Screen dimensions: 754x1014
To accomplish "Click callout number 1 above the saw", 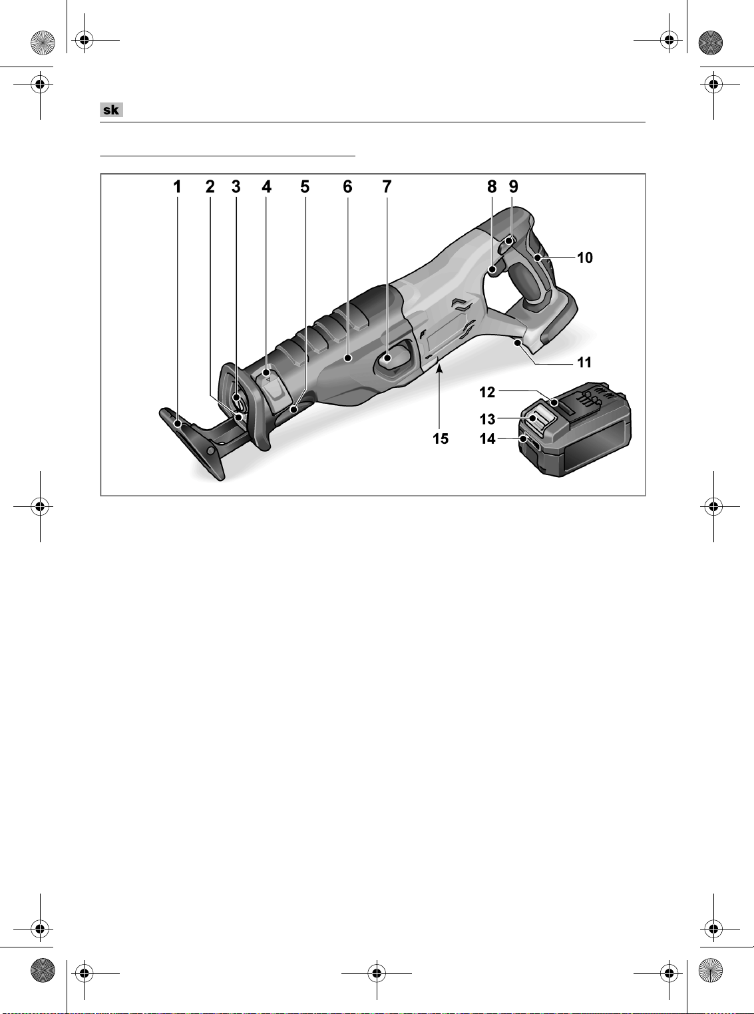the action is [177, 187].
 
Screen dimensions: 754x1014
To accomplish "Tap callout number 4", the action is [266, 187].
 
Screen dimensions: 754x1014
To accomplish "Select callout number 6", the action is [347, 187].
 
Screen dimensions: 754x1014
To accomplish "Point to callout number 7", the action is [387, 187].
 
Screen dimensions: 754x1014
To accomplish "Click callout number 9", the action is [514, 187].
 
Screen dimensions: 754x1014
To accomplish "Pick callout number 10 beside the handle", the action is [585, 258].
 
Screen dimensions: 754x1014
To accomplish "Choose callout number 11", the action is [584, 363].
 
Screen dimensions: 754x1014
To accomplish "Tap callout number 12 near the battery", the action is [487, 393].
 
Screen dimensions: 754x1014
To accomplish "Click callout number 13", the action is [487, 419].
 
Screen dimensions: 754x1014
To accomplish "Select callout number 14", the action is [487, 439].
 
